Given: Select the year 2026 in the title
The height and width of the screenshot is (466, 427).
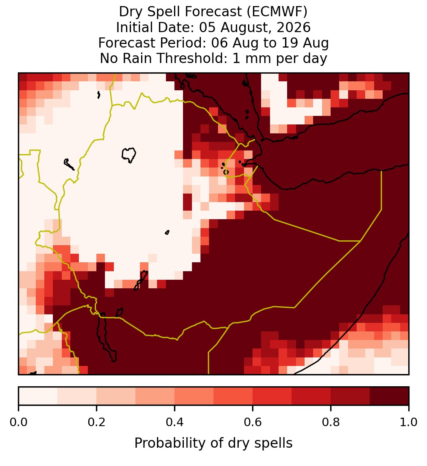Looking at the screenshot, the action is coord(294,27).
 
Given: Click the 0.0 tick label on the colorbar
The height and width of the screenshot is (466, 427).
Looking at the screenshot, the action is coord(18,422).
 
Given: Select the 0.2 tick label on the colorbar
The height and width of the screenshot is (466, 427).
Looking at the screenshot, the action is coord(96,422).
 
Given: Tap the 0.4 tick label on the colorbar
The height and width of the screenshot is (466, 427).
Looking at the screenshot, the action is coord(175,422).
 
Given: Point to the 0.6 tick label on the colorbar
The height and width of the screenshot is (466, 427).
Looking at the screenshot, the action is coord(253,422).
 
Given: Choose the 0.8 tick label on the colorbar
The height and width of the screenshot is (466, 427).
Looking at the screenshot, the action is coord(331,422).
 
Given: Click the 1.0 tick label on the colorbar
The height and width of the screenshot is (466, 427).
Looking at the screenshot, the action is coord(409,422).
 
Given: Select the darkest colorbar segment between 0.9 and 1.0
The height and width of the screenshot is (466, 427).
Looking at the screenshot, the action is coord(389,396).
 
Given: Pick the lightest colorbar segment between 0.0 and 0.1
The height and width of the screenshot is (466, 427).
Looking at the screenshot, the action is coord(38,396).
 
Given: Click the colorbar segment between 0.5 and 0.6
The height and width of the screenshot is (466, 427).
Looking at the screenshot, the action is coord(233,396).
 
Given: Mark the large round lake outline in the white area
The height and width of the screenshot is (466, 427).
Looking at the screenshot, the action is coord(129,155).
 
